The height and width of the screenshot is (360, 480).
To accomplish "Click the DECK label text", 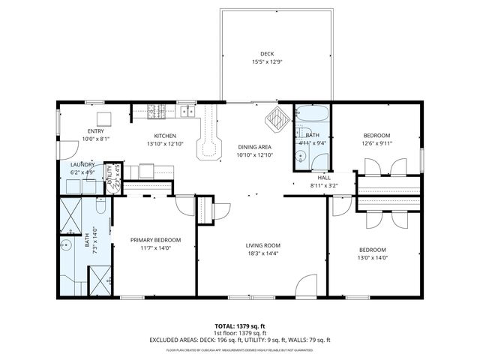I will click(x=266, y=54).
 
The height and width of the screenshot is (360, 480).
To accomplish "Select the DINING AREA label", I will click(x=253, y=147).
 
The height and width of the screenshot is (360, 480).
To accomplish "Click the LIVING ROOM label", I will click(x=262, y=245).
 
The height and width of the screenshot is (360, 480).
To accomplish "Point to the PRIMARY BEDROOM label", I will click(x=156, y=240).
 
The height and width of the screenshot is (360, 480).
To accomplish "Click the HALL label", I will click(x=324, y=178).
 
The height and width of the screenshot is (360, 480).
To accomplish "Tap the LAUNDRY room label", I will click(x=82, y=165).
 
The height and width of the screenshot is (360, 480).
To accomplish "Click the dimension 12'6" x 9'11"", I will click(x=376, y=143).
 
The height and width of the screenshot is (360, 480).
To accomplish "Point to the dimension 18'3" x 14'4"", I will click(x=262, y=253).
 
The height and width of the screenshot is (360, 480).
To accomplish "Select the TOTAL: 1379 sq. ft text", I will click(x=240, y=325).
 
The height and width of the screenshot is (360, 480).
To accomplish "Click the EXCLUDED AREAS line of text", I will click(x=240, y=340).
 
